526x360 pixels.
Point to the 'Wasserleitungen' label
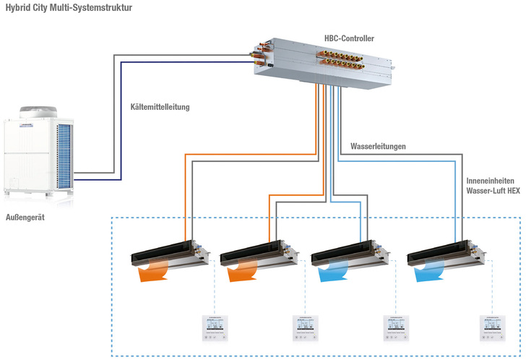378,146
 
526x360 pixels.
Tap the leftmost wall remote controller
214,326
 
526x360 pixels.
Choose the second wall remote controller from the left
305,326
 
